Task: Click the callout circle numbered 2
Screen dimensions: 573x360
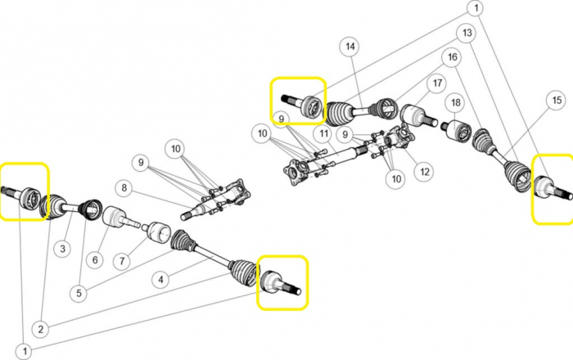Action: click(x=41, y=329)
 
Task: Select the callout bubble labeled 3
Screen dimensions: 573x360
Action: click(x=63, y=249)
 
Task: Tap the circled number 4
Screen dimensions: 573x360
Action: click(x=160, y=280)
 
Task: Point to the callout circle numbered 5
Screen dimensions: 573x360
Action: click(x=79, y=292)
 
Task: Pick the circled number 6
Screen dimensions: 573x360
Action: click(x=96, y=259)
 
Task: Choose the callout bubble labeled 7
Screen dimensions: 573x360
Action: click(x=122, y=261)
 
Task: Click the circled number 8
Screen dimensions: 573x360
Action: click(x=124, y=187)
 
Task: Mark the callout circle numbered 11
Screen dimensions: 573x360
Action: click(x=324, y=133)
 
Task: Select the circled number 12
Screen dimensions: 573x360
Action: click(x=425, y=171)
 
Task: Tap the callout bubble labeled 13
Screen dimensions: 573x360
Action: click(x=467, y=33)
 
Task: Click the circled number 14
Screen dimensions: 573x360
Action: click(x=350, y=47)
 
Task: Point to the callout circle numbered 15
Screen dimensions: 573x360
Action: click(x=557, y=100)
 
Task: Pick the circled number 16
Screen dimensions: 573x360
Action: click(x=453, y=57)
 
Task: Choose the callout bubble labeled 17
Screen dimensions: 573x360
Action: click(x=437, y=83)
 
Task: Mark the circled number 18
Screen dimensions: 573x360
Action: click(x=456, y=102)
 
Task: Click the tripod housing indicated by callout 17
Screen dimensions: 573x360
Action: click(x=417, y=115)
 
